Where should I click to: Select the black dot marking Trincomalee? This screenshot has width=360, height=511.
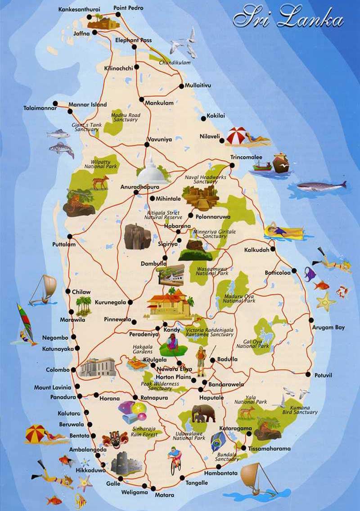[232, 165]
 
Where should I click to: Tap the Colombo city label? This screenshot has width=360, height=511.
[58, 370]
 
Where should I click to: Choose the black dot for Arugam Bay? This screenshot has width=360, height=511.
[311, 320]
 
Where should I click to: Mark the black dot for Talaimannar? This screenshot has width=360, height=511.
[55, 103]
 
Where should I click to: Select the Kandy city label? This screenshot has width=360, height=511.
[172, 330]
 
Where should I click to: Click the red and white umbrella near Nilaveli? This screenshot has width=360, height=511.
[237, 136]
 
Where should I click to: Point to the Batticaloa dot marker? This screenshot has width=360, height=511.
[294, 271]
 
